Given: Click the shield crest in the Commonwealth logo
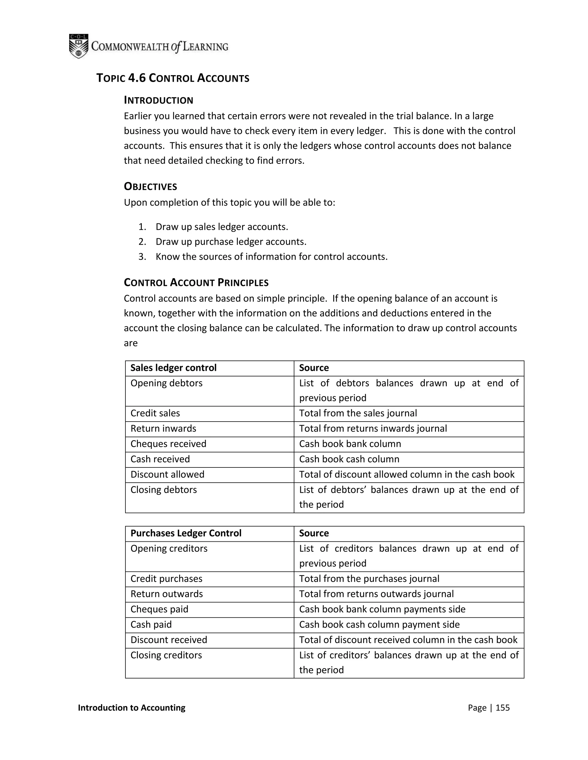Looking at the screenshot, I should (78, 46).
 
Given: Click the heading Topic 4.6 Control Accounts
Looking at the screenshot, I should (173, 78).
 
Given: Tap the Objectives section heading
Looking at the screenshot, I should (150, 187).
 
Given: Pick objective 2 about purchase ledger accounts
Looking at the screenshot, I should (231, 241).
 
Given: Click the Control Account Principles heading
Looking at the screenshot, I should (196, 282).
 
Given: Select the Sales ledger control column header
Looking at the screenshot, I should (173, 368).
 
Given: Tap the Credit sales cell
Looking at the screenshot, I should (155, 413).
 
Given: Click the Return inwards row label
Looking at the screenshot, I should (163, 428).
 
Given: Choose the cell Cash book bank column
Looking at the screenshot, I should (350, 444).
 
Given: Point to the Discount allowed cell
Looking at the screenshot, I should (168, 474).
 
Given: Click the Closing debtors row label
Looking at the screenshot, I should (164, 490).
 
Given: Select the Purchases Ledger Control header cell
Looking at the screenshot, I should (186, 533).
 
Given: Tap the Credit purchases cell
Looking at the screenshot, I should (167, 578).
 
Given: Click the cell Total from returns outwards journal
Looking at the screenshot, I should (376, 594).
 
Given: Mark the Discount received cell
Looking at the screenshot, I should (169, 640).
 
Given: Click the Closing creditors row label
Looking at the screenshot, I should (166, 655).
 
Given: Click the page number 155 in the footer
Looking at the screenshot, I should (502, 708).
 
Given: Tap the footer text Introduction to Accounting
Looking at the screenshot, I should (132, 708).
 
